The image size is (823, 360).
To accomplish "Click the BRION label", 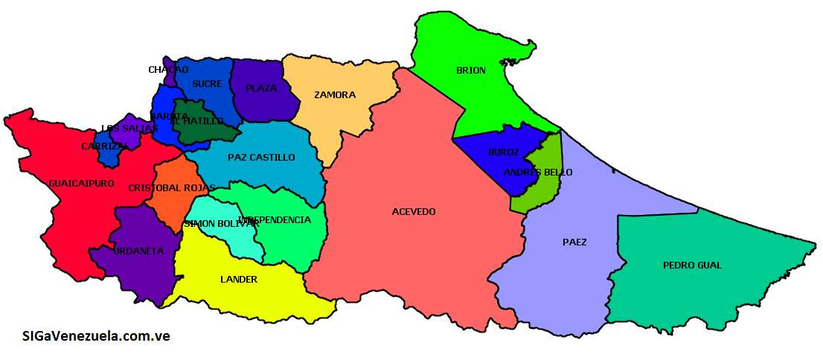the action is tap(470, 71).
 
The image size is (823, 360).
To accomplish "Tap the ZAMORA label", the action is tap(335, 94).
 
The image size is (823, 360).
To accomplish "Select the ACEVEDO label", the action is tap(414, 212).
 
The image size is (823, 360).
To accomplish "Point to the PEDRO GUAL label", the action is tap(692, 266).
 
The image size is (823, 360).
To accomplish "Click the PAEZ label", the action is tap(574, 242).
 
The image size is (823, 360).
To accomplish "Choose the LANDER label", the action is tap(239, 280).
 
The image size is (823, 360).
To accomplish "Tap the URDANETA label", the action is tap(138, 251).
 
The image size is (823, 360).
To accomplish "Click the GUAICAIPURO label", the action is tap(81, 183).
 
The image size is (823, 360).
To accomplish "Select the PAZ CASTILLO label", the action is tap(261, 158).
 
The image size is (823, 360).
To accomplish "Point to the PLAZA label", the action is tap(261, 88).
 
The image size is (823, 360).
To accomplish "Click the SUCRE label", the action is tap(207, 84).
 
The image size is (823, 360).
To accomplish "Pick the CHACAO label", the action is tap(168, 70).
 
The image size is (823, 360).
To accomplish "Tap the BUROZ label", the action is tap(504, 152).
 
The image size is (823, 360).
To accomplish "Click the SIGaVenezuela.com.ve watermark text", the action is tap(96, 336).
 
